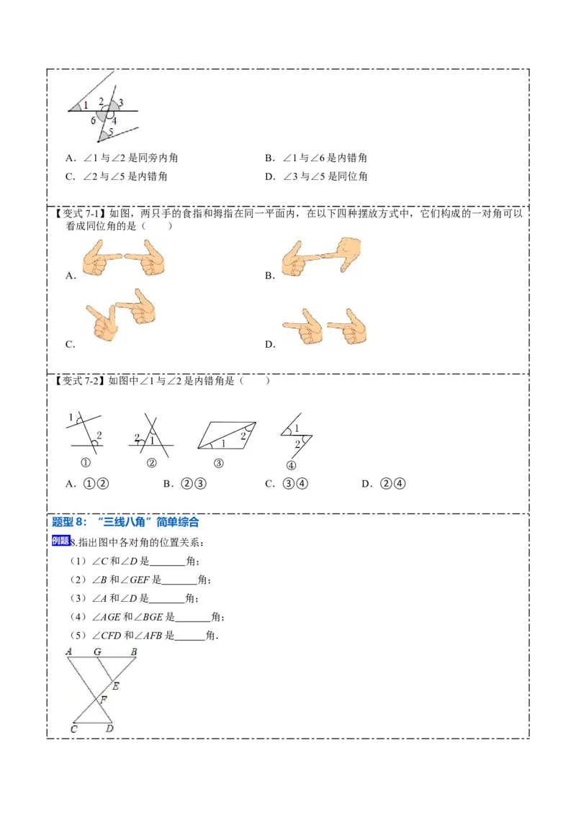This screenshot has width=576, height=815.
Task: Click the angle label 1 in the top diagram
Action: [x=86, y=105]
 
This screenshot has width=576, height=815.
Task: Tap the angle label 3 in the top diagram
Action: [x=121, y=102]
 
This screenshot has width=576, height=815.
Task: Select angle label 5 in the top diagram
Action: [x=112, y=131]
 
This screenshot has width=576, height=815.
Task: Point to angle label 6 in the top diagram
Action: [x=93, y=121]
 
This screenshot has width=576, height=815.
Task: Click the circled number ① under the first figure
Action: [x=85, y=463]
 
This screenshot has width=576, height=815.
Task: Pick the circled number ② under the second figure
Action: [x=151, y=463]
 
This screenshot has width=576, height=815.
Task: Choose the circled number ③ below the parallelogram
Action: [x=219, y=463]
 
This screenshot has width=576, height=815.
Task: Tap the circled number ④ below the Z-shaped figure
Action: [x=291, y=465]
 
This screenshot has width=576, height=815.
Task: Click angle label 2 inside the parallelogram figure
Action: [x=243, y=436]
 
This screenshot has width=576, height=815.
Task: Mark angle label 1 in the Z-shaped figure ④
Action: [x=296, y=428]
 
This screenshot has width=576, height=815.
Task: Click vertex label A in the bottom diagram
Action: [x=69, y=652]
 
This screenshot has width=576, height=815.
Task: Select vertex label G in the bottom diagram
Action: [x=97, y=652]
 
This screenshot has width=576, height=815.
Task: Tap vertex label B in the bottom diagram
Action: [x=133, y=652]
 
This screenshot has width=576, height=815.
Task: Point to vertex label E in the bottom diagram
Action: [x=115, y=686]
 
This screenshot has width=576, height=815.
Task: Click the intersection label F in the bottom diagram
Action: [x=104, y=699]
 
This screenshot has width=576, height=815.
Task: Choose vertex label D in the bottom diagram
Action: [x=109, y=729]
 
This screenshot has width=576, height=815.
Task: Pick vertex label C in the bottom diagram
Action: [x=73, y=729]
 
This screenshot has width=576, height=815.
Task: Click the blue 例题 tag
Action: [x=60, y=541]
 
